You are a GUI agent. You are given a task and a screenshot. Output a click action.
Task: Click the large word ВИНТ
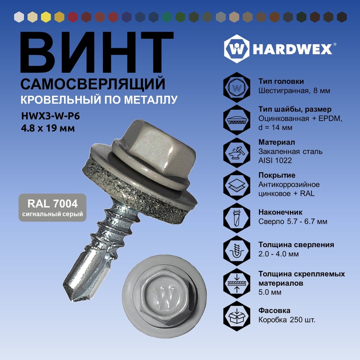pos(96,52)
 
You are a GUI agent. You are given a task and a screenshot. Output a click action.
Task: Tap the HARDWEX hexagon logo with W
pos(237,49)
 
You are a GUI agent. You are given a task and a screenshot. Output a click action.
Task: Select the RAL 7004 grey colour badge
pos(53,208)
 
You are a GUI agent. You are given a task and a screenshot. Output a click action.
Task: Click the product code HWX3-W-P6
pos(50,116)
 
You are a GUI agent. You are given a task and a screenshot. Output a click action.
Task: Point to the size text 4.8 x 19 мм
pos(48,128)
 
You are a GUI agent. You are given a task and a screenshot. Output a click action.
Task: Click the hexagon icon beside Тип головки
pos(237,87)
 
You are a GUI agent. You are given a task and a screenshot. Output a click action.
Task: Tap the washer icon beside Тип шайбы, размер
pos(237,120)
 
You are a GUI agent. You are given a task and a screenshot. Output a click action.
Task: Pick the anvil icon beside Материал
pos(237,153)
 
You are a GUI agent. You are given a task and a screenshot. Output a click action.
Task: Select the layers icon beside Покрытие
pos(237,185)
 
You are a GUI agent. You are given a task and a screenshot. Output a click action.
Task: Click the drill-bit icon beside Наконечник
pos(237,218)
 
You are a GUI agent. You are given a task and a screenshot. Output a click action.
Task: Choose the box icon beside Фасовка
pos(237,316)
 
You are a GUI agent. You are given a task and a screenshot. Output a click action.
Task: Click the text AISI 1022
pos(275,161)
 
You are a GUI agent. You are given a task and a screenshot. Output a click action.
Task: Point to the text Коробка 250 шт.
pos(287,320)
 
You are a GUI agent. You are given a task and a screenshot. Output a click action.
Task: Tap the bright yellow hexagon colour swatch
pos(46,17)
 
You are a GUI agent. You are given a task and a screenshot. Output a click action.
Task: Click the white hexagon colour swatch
pos(19,17)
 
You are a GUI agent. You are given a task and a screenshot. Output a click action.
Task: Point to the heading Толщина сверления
pos(296,245)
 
